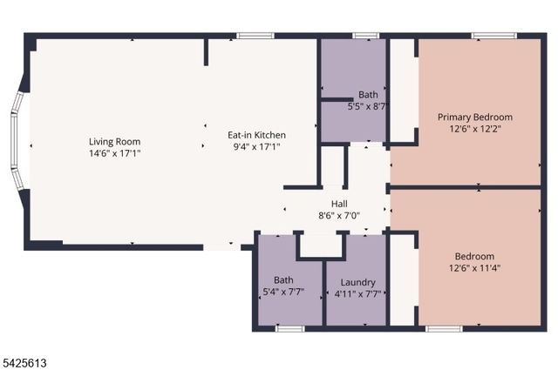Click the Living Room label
coord(114,142)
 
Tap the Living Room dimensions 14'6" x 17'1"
coord(114,153)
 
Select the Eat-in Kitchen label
coord(256,135)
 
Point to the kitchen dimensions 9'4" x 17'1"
coord(256,146)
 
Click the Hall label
coord(339,203)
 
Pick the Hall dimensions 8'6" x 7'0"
coord(339,215)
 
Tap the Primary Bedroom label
coord(474,117)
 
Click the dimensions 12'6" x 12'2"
coord(474,129)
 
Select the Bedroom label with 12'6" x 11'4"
coord(474,256)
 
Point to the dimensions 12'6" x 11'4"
coord(474,268)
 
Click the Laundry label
coord(357,282)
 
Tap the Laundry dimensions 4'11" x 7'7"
coord(357,294)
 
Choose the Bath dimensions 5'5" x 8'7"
coord(368,107)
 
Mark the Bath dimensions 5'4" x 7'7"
coord(284,293)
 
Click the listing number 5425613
coord(27,357)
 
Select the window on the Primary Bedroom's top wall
coord(488,36)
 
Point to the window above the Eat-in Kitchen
coord(255,36)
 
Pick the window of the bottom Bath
coord(289,328)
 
